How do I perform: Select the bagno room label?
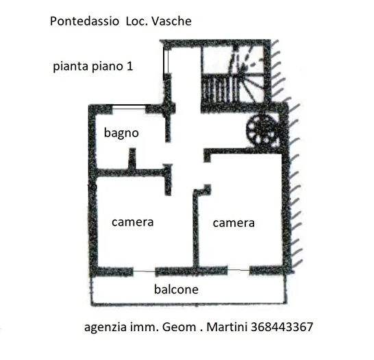[x=121, y=133]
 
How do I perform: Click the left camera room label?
[x=132, y=222]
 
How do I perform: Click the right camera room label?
[x=233, y=223]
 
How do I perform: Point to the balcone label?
[x=176, y=289]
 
